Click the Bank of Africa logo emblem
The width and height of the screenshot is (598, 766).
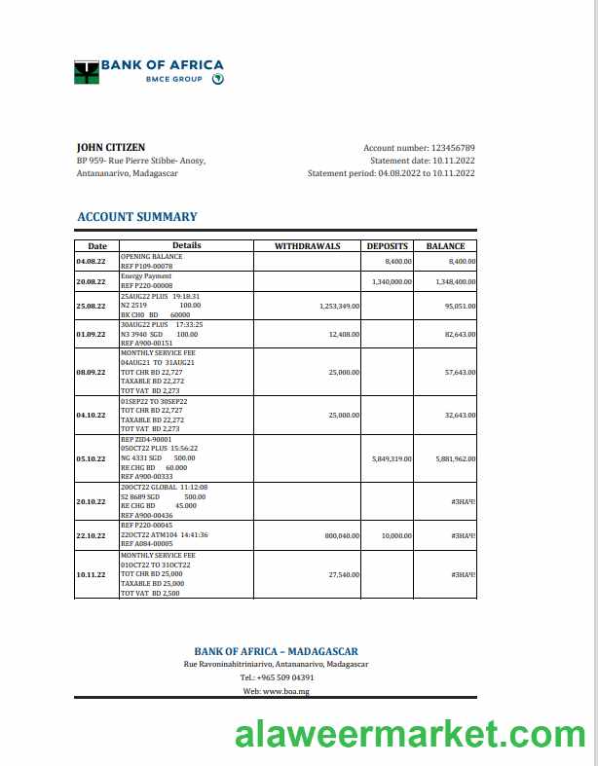point(87,71)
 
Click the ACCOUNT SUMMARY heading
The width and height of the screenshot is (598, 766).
point(136,217)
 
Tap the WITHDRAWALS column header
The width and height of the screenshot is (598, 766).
point(307,246)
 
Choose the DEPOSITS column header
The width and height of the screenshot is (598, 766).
point(387,246)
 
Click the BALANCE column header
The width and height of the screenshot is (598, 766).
point(445,246)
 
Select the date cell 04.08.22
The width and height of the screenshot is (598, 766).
point(91,262)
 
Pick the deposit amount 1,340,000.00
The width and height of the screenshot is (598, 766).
point(392,281)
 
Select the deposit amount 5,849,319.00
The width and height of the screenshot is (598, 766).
point(392,458)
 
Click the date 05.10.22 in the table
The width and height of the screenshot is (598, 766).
point(91,458)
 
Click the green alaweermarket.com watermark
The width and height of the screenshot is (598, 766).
point(410,735)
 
